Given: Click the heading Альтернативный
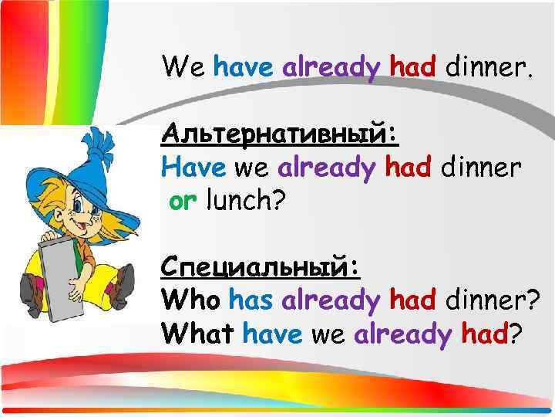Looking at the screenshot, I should click(280, 134).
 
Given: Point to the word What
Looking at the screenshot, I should click(198, 334).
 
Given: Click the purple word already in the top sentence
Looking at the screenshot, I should click(331, 69).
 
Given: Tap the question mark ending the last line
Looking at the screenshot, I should click(515, 334).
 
